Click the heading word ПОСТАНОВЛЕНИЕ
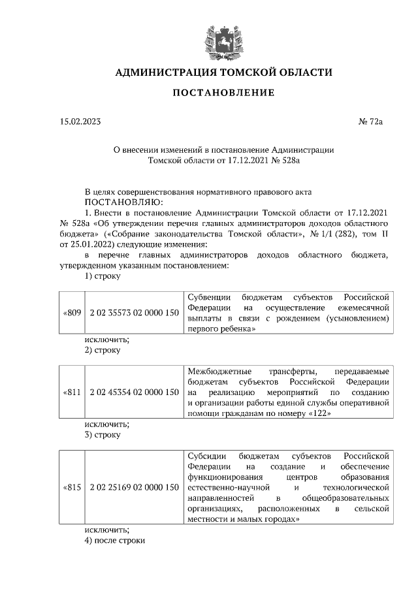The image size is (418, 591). tap(223, 93)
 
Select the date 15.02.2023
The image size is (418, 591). tap(77, 121)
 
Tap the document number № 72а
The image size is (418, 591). tap(371, 121)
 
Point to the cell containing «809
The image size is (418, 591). tap(72, 313)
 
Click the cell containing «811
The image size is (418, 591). tap(72, 392)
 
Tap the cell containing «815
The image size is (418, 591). tap(72, 487)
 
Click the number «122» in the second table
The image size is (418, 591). tap(325, 413)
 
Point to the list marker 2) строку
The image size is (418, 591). tap(103, 349)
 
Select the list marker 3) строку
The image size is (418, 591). tap(103, 434)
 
